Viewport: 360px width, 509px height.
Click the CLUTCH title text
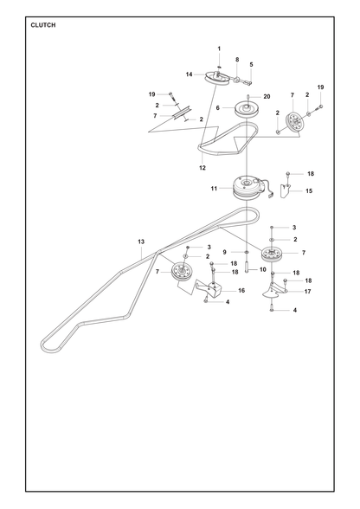click(x=43, y=25)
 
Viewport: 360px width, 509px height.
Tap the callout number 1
click(x=219, y=48)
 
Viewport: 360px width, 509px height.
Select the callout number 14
click(x=189, y=74)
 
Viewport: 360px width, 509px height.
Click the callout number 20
click(x=267, y=96)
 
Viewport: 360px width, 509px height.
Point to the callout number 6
click(x=218, y=107)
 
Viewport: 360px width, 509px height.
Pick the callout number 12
click(x=202, y=168)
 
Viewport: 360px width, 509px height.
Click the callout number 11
click(x=214, y=189)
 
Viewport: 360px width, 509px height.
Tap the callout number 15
click(x=309, y=190)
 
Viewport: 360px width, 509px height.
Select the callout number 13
click(x=141, y=242)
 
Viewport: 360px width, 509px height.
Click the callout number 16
click(x=241, y=291)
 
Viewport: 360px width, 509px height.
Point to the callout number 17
click(x=307, y=292)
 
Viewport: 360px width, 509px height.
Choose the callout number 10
click(x=263, y=269)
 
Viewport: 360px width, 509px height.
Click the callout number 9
click(x=224, y=252)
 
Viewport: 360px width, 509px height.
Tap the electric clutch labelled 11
click(x=248, y=188)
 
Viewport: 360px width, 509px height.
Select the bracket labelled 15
click(x=286, y=190)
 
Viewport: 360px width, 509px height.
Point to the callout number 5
click(x=251, y=65)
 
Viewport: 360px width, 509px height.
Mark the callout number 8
click(x=237, y=60)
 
